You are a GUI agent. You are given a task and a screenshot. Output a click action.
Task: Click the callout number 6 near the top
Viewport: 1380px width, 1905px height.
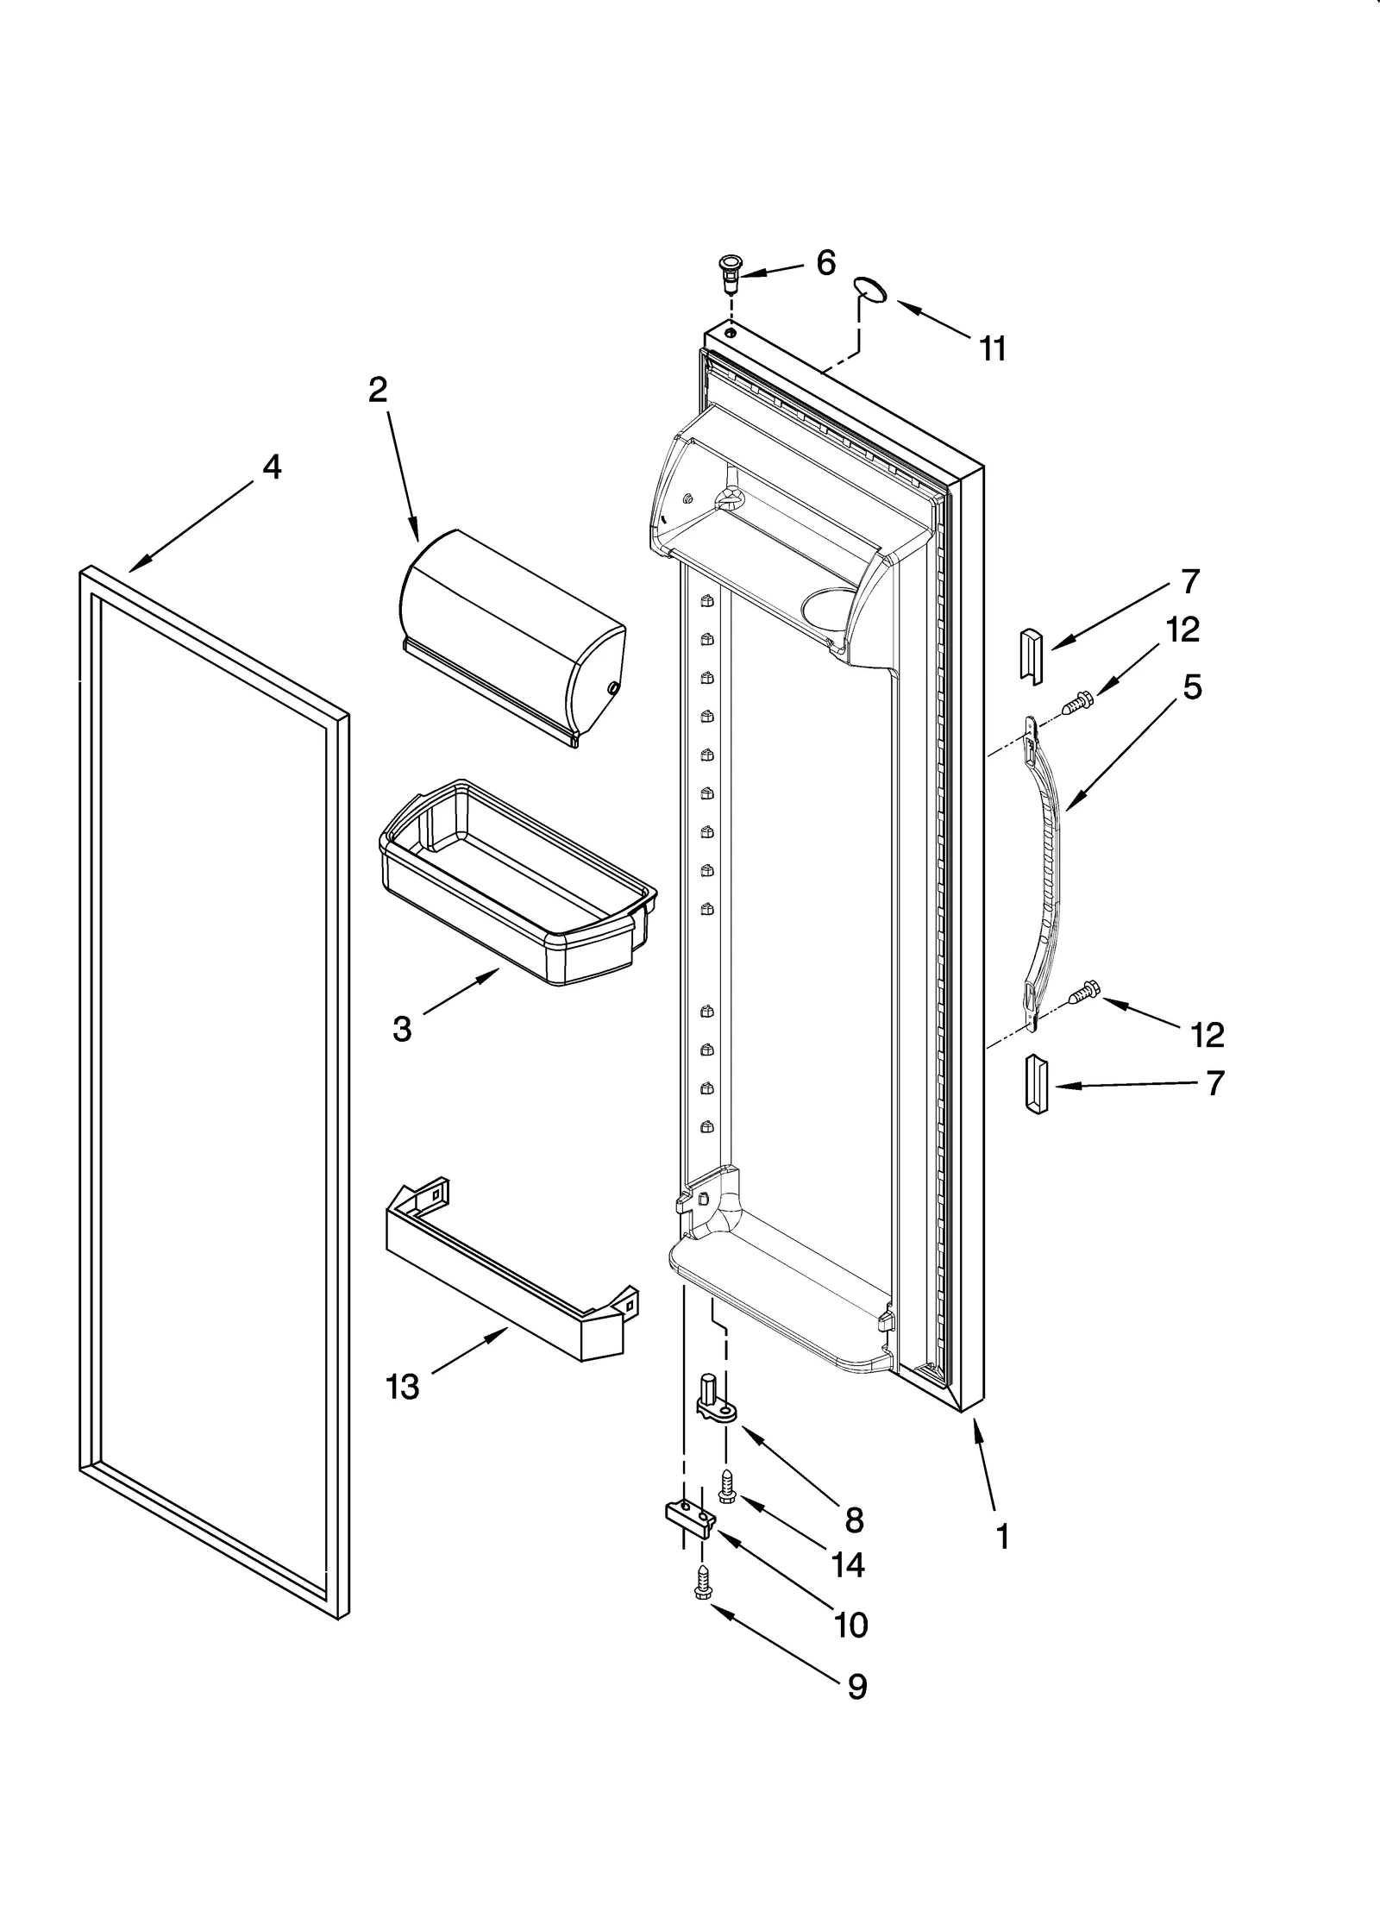(825, 263)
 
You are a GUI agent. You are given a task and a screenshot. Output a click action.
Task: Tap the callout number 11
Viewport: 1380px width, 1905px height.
(992, 349)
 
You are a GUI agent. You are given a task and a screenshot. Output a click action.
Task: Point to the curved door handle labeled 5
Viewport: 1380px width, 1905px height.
(1045, 871)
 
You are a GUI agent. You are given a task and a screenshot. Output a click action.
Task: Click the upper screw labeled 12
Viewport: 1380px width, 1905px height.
(1075, 704)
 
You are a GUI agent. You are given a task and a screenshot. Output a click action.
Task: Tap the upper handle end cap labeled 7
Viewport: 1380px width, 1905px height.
(1032, 656)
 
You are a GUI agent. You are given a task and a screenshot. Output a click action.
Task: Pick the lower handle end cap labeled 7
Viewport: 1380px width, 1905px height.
(1035, 1083)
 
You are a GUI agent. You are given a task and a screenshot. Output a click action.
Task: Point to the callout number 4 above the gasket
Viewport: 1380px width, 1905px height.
(271, 467)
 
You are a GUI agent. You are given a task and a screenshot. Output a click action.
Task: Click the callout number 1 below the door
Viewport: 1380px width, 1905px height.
(1001, 1534)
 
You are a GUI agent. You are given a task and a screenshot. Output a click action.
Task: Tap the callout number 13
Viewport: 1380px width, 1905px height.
(402, 1386)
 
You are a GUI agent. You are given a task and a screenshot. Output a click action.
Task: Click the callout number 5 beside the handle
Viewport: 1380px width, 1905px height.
(1191, 687)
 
